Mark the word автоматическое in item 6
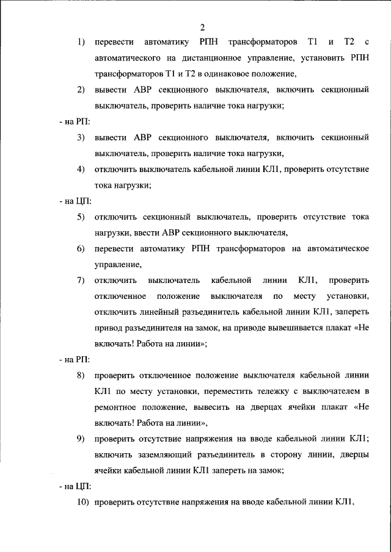click(334, 249)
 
